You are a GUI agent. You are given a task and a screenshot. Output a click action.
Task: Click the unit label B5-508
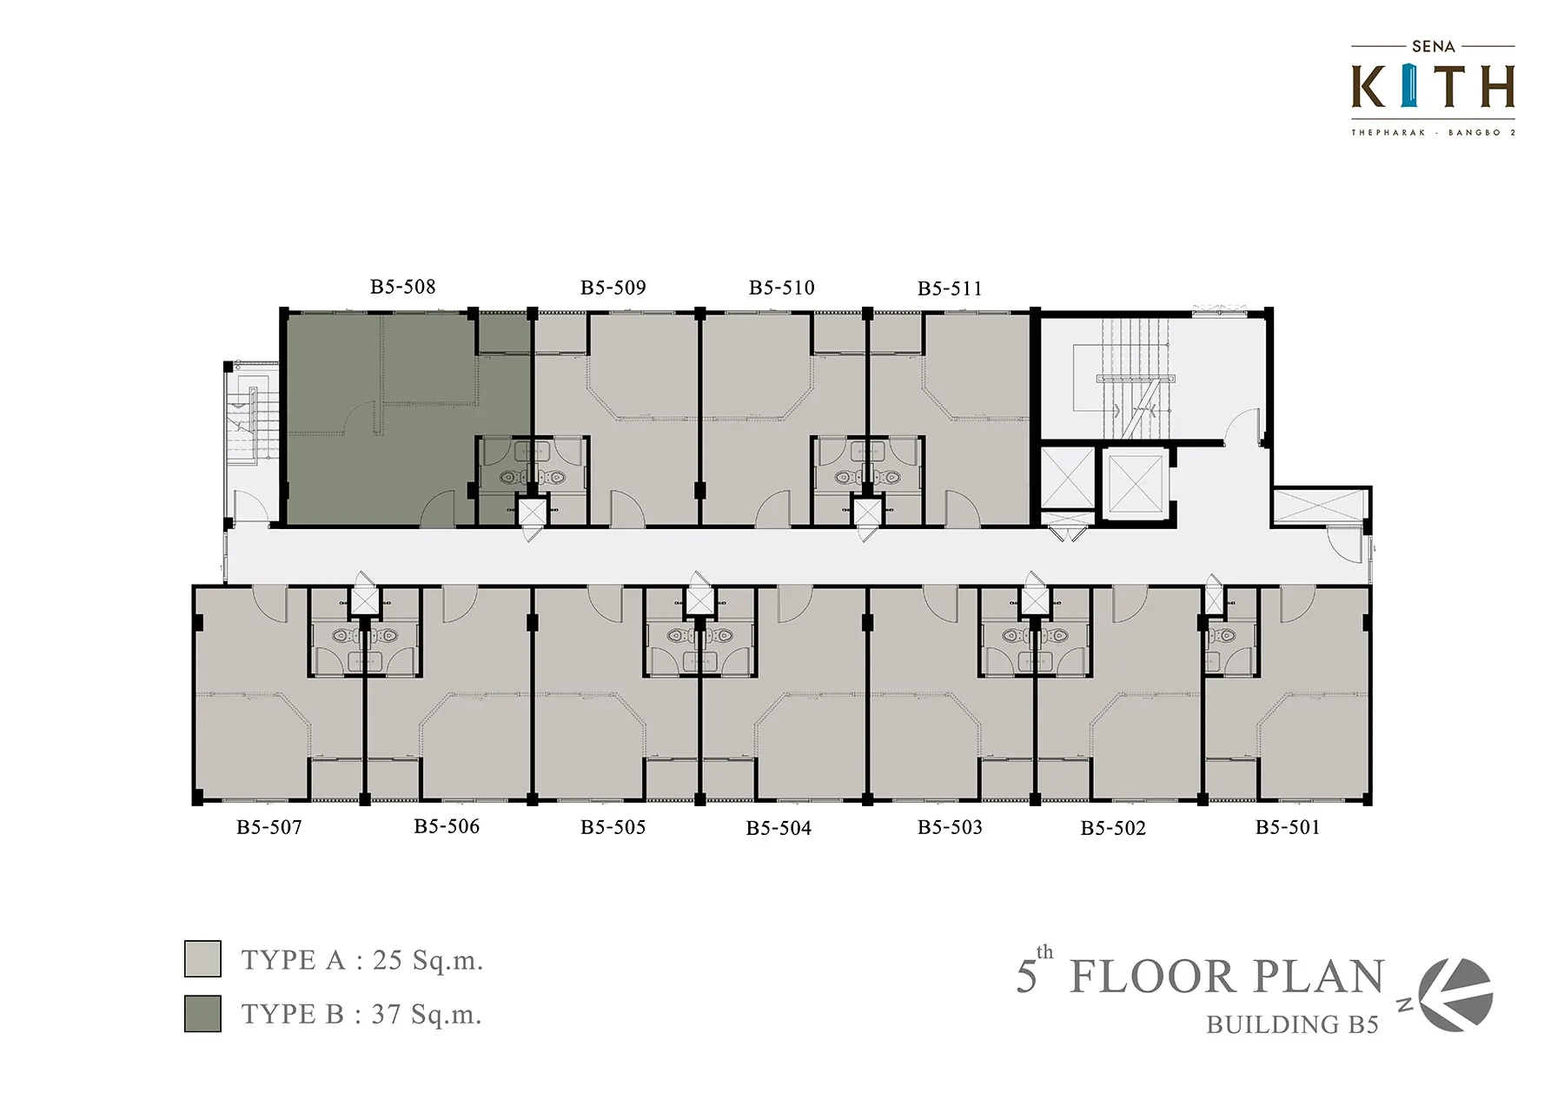point(402,287)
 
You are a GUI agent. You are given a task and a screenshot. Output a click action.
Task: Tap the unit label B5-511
point(950,288)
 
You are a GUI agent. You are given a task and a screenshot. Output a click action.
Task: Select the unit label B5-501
point(1288,827)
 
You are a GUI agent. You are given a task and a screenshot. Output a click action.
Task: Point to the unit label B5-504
point(779,828)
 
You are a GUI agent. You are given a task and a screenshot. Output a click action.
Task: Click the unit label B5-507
point(269,827)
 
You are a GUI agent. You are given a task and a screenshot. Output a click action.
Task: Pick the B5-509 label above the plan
point(613,288)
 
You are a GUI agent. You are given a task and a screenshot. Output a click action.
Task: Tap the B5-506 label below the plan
point(447,826)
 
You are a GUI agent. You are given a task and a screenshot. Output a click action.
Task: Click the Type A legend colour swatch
point(202,959)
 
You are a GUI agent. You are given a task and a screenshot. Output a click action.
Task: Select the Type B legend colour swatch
point(202,1013)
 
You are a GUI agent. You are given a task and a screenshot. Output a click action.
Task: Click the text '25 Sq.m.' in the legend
point(427,960)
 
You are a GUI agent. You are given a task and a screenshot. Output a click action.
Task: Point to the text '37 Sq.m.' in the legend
point(427,1014)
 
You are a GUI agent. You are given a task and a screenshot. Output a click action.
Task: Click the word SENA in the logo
point(1434,46)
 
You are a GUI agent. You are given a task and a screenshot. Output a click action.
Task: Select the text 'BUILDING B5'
point(1292,1025)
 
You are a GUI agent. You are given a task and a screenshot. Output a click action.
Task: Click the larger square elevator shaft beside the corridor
point(1136,483)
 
